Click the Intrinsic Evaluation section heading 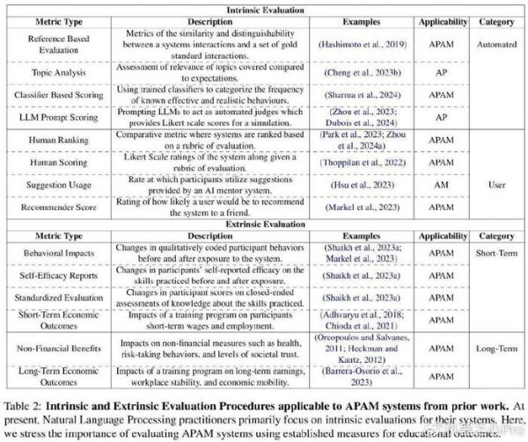(264, 7)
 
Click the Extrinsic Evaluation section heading (264, 223)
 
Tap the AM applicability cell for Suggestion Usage (441, 187)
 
